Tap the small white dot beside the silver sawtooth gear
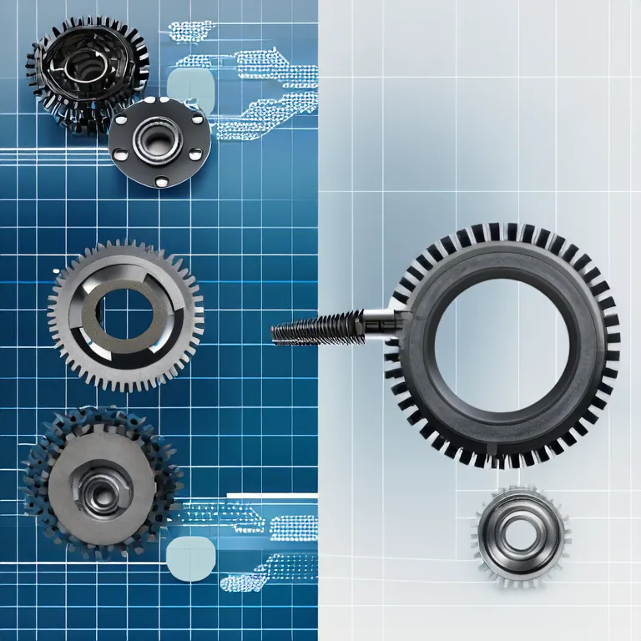[x=56, y=271]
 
